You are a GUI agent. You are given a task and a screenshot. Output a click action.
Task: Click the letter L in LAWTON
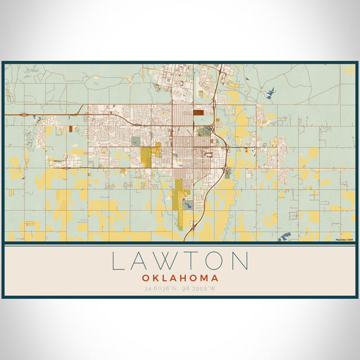(118, 262)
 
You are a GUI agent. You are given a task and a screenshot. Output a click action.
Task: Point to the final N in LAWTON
(240, 262)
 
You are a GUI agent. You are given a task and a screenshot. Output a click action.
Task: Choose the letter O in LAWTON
(215, 262)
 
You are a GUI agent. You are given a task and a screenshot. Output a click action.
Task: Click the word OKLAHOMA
(180, 278)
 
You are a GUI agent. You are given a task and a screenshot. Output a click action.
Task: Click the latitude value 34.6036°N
(160, 289)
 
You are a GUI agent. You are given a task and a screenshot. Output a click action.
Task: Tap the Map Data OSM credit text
(344, 240)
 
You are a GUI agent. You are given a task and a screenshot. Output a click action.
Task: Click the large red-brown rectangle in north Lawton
(199, 112)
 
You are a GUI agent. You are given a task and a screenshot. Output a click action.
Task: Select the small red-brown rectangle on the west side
(70, 128)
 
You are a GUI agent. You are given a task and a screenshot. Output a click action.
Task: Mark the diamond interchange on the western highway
(23, 114)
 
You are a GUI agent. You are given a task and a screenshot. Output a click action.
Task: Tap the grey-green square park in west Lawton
(136, 141)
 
